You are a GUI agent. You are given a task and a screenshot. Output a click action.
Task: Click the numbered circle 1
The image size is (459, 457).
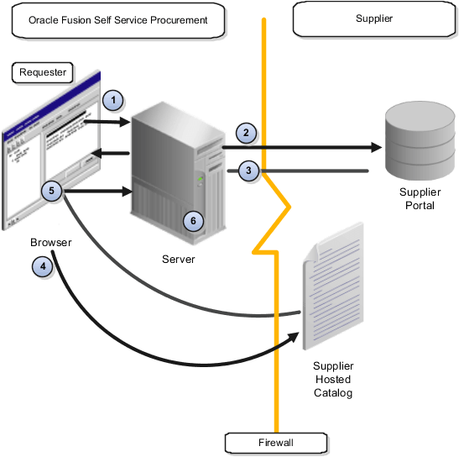114,101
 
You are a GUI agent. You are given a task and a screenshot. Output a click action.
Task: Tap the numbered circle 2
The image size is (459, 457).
246,132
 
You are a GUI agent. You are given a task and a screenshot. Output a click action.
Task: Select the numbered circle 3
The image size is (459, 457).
248,170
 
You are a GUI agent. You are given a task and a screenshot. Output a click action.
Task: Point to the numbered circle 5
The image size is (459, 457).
52,192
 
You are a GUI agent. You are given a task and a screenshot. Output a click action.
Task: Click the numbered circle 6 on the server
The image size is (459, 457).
192,220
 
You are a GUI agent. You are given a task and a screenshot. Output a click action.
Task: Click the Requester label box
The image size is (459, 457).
43,72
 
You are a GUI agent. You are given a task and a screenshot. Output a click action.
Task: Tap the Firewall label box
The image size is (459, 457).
264,441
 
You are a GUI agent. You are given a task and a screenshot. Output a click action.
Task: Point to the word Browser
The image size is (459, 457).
49,243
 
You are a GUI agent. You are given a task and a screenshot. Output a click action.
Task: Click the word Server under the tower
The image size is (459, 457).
178,259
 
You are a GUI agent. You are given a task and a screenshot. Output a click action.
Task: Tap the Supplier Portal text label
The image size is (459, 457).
416,198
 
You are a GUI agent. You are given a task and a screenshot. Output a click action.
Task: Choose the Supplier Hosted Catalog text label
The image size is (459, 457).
333,379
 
